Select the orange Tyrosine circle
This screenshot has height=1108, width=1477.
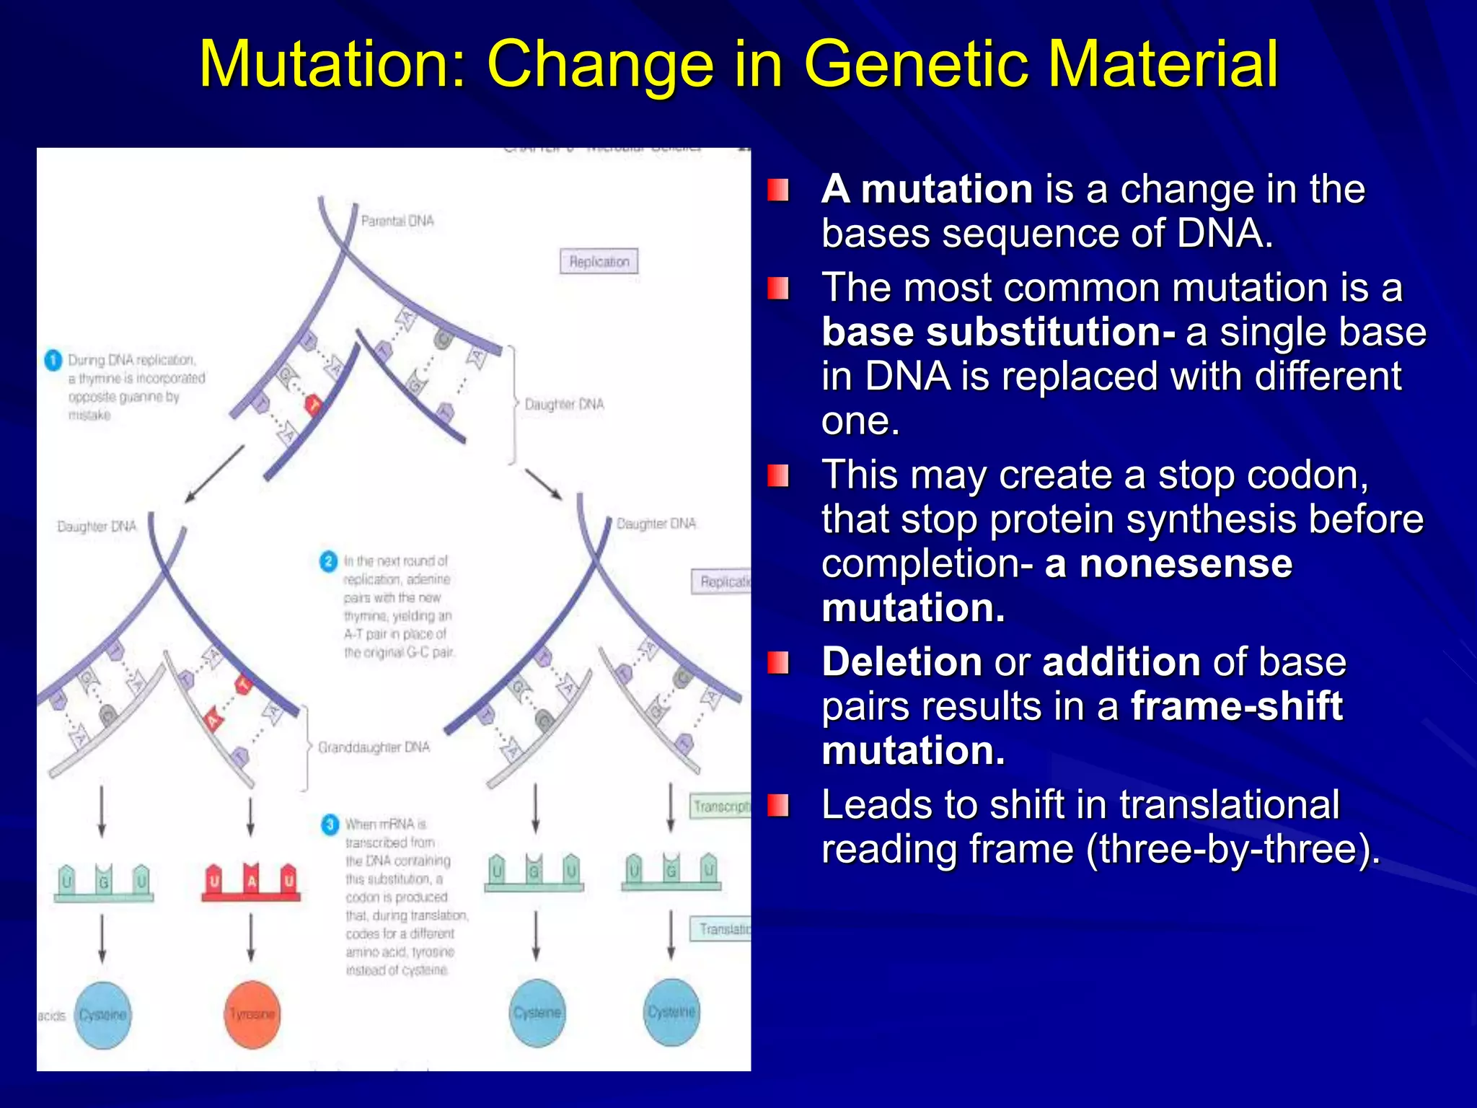[252, 1014]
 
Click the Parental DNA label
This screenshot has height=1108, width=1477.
[397, 221]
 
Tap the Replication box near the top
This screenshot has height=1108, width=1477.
[599, 261]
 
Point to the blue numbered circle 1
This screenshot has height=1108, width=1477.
[53, 359]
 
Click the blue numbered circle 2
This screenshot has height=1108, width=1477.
[329, 561]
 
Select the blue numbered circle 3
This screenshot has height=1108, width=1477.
[330, 824]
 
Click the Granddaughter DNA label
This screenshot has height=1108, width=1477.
[374, 747]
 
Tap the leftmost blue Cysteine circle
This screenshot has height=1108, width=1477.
[103, 1015]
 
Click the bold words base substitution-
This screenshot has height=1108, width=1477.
[998, 332]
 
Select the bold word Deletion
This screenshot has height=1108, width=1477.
[901, 661]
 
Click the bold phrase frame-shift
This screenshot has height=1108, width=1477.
[1236, 705]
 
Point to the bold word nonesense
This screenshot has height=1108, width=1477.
[1186, 563]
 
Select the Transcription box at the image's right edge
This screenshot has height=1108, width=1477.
[720, 806]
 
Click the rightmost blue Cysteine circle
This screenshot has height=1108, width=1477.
[671, 1012]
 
